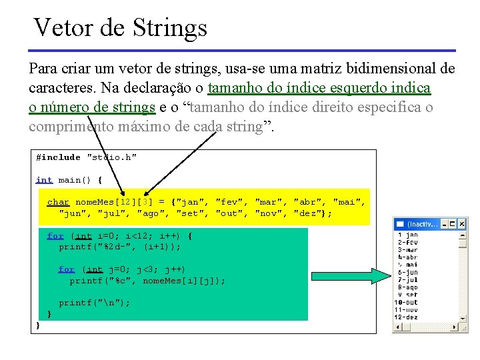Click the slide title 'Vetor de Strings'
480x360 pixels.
pos(121,28)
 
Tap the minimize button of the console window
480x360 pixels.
pos(443,224)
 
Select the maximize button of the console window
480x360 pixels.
pos(453,224)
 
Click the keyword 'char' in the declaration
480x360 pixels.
pos(58,202)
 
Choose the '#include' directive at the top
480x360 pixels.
pos(58,157)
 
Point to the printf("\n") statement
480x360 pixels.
pos(94,303)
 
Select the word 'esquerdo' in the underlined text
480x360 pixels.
pos(345,88)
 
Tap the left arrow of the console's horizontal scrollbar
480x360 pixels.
pos(398,327)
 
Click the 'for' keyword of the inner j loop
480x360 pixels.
pos(67,269)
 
